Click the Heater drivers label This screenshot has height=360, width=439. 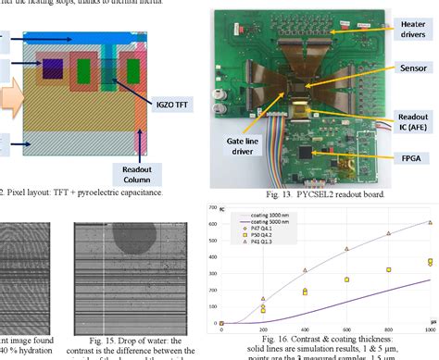[x=408, y=33]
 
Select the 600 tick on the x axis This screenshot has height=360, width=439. [x=346, y=329]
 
